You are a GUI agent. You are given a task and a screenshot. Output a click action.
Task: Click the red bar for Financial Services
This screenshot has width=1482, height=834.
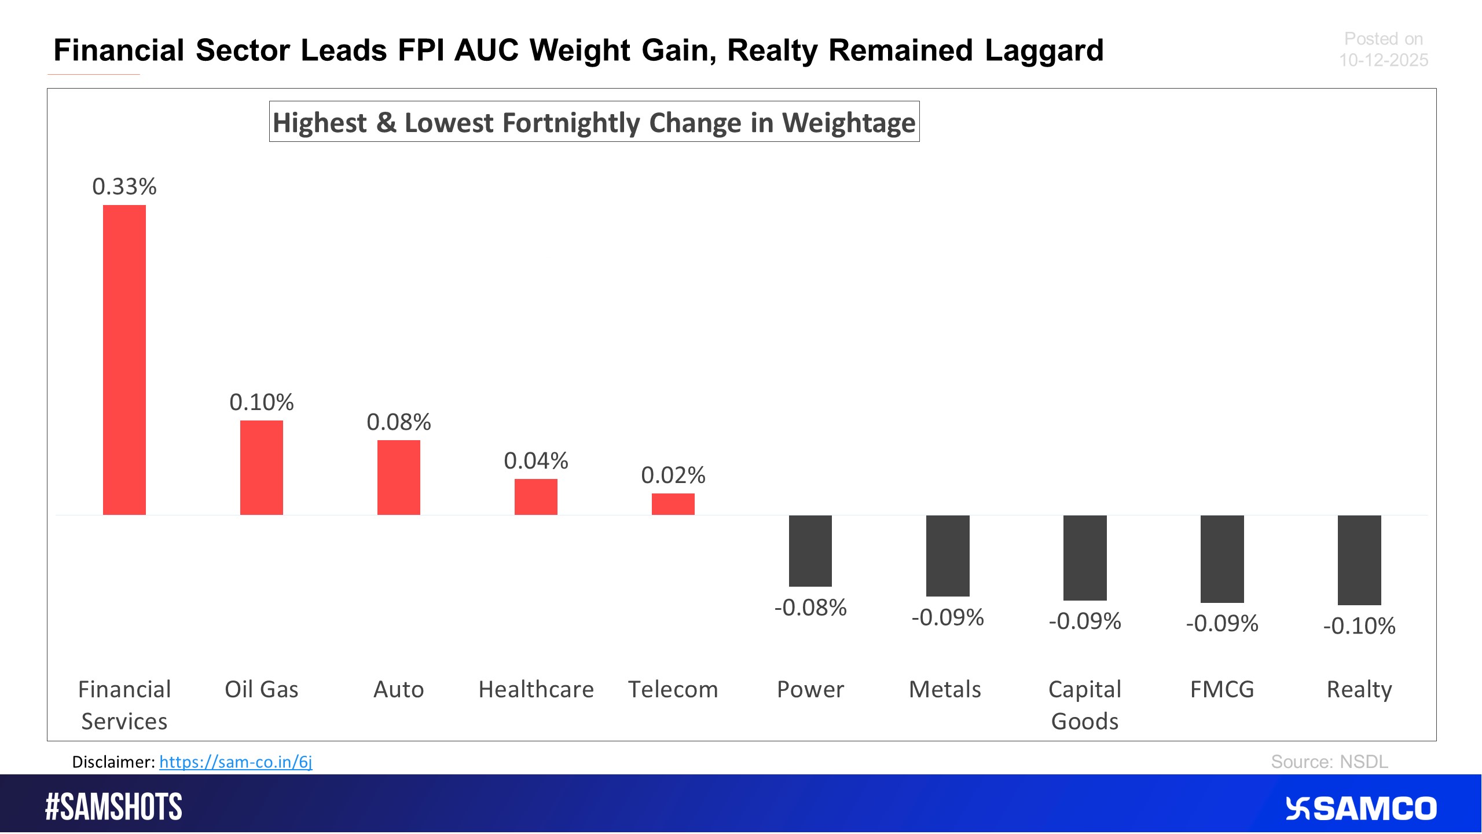(124, 360)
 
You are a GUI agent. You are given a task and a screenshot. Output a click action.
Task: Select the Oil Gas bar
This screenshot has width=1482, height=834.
(262, 467)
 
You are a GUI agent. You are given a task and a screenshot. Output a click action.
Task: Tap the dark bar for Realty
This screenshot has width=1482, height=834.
(1359, 559)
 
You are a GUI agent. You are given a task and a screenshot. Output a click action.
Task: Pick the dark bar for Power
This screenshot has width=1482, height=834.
(810, 551)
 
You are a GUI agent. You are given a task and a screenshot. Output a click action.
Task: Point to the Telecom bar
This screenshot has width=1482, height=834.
(673, 504)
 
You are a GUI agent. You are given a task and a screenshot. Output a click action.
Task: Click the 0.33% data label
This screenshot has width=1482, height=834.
(124, 186)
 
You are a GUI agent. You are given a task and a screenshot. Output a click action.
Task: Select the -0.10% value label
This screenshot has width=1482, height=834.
(1359, 626)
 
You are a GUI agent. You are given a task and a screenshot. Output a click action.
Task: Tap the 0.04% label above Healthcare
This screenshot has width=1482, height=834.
(536, 461)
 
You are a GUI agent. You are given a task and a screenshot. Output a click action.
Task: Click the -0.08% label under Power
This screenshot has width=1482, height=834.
(810, 608)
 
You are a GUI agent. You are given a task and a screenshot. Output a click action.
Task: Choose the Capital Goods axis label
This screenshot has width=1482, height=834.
(1085, 705)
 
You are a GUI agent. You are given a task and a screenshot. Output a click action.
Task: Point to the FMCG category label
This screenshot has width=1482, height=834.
(1222, 689)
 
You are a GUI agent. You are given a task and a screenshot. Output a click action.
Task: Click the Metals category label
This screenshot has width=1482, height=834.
(945, 689)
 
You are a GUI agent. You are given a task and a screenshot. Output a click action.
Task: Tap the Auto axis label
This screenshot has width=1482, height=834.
(399, 689)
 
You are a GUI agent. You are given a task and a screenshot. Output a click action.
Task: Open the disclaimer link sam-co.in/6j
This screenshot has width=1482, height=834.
(236, 762)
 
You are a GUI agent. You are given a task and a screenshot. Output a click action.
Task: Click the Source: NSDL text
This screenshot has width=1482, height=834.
(1329, 762)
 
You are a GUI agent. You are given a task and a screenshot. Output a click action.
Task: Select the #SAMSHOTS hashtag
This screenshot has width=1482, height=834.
(114, 807)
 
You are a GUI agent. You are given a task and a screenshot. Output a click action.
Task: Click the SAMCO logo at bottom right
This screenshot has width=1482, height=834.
(1361, 809)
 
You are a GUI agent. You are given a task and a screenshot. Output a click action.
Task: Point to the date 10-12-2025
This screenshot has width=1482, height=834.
(1383, 60)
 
